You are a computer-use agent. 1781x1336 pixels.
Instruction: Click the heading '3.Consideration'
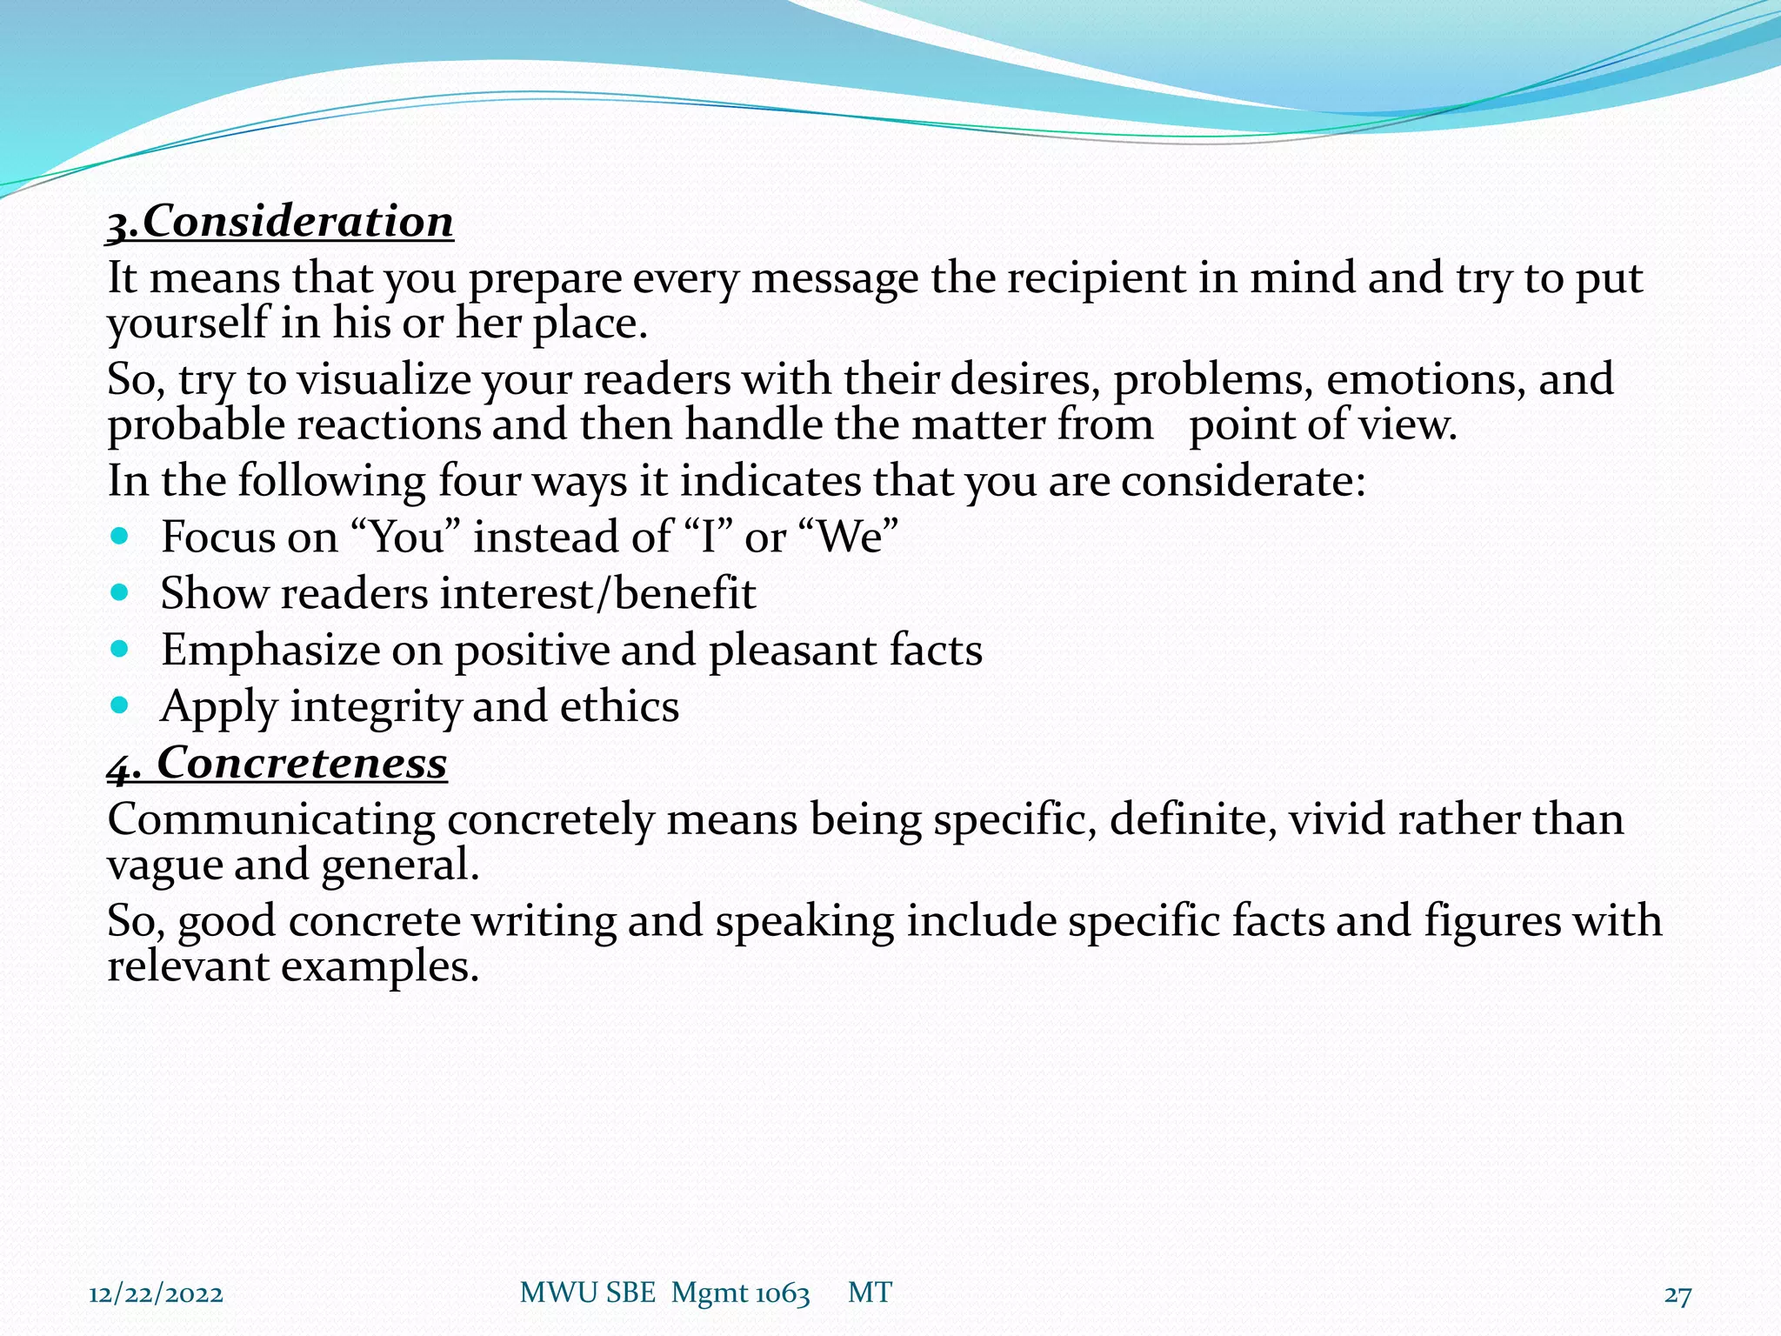click(280, 222)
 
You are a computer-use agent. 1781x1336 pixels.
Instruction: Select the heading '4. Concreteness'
click(277, 764)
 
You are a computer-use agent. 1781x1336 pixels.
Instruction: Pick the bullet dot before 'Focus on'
click(121, 536)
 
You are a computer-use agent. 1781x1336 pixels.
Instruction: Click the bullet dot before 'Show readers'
click(121, 592)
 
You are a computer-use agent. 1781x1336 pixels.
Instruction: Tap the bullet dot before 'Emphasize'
click(121, 649)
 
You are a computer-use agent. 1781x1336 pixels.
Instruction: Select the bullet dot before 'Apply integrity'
click(121, 705)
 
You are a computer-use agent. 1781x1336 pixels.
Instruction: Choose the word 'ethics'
click(619, 706)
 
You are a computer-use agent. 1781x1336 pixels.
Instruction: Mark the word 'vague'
click(164, 866)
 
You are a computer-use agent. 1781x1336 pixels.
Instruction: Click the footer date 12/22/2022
click(157, 1294)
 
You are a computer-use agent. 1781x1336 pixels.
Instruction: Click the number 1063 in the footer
click(783, 1294)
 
